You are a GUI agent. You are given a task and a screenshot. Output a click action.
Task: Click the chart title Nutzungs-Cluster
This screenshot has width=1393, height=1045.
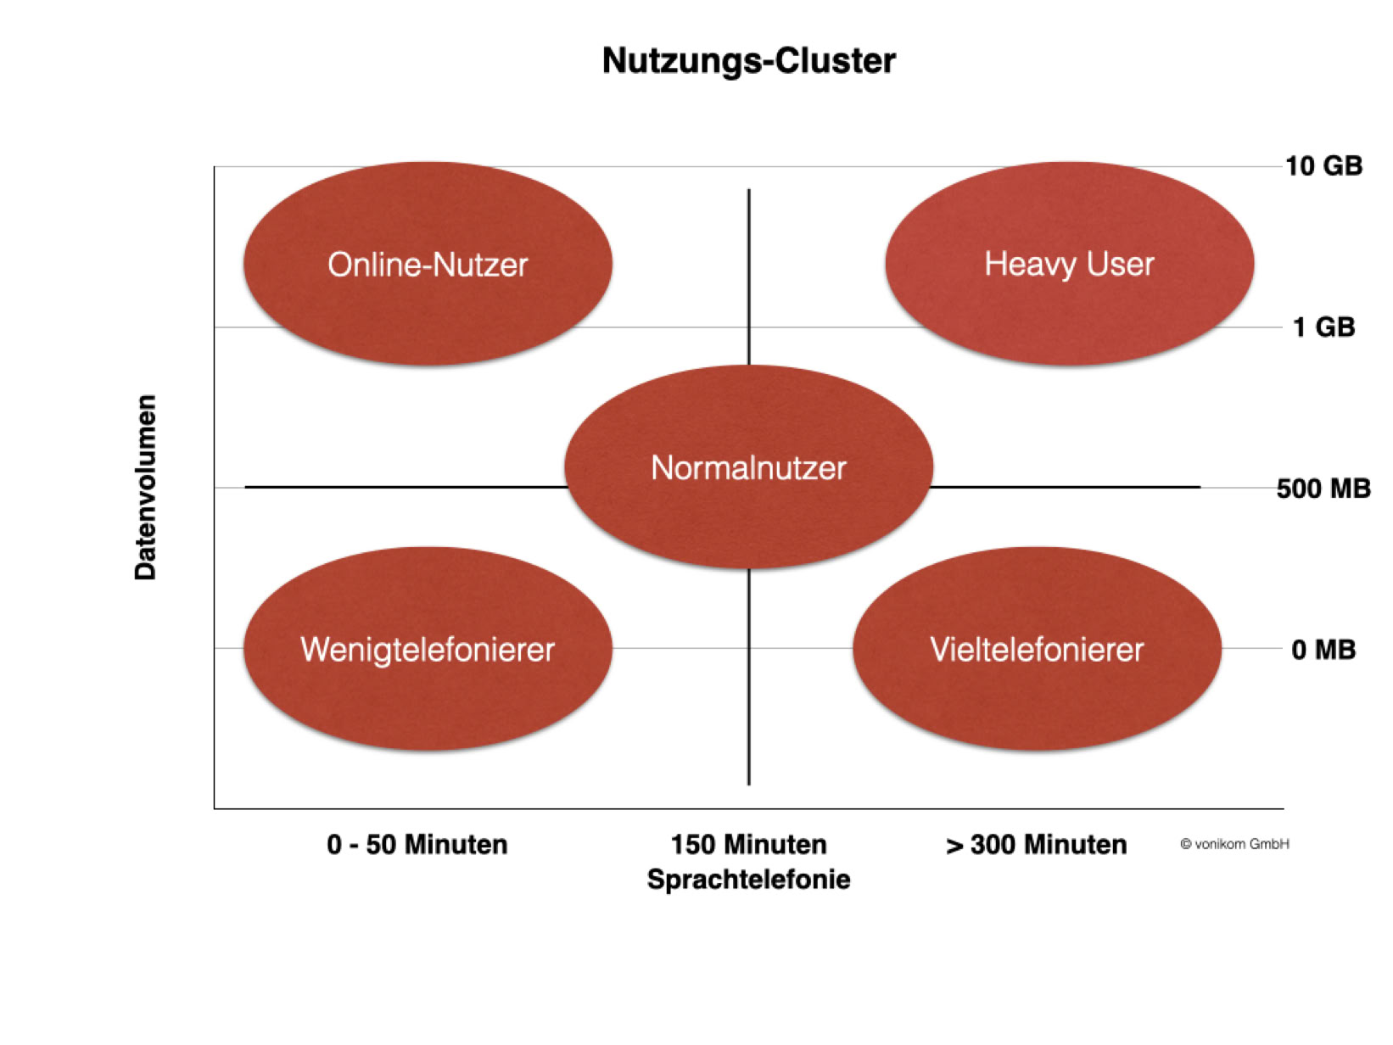(748, 61)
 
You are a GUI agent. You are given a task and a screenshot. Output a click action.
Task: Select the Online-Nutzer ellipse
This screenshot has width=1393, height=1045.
(428, 265)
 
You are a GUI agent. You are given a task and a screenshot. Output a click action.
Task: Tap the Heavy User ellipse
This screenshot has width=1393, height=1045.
(1069, 264)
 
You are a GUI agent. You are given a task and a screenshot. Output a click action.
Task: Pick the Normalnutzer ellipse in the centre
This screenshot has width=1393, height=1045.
(748, 467)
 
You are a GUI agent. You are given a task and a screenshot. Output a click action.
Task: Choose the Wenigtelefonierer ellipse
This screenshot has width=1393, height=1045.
(428, 650)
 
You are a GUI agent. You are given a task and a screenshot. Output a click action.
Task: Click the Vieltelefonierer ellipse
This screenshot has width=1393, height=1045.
(1037, 650)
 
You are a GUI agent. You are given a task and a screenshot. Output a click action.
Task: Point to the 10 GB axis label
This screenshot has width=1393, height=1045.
(1323, 165)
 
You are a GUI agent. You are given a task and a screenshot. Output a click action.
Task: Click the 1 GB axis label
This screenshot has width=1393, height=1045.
(1323, 327)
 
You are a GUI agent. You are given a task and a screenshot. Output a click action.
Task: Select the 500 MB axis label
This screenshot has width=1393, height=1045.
(1323, 489)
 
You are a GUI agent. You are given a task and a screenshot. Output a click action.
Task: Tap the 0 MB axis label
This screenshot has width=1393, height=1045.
(1323, 650)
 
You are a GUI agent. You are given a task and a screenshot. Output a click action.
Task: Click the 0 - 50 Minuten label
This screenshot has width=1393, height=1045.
(417, 845)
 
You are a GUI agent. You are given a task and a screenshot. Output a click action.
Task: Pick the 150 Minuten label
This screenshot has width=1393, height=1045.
(748, 845)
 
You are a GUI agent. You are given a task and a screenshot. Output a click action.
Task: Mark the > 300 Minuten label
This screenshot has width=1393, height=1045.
(1037, 845)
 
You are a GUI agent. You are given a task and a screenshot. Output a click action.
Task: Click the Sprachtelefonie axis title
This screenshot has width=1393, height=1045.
(748, 880)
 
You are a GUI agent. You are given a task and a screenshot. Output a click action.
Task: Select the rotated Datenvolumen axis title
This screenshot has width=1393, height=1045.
(146, 487)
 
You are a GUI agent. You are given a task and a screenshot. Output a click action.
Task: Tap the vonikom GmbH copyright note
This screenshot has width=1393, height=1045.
(1234, 844)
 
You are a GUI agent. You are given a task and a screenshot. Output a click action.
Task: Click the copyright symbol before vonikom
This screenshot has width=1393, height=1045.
(1186, 844)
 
